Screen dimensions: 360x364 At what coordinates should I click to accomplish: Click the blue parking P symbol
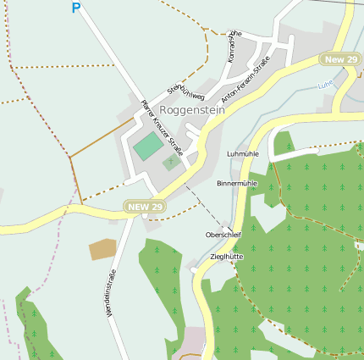click(76, 8)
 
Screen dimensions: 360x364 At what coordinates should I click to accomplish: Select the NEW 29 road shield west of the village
click(145, 207)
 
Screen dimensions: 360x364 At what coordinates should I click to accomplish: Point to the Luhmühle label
click(244, 154)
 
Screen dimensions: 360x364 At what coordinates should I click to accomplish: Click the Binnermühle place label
click(237, 183)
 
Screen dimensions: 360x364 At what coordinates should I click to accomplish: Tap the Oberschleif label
click(223, 235)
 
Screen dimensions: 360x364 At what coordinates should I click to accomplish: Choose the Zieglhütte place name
click(225, 256)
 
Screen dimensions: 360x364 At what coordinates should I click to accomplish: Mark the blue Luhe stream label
click(325, 86)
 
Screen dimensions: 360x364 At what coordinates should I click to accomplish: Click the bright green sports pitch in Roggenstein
click(148, 145)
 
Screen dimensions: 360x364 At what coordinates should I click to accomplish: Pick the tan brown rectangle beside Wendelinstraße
click(102, 248)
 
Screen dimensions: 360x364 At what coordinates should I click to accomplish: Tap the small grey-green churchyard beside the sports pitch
click(172, 161)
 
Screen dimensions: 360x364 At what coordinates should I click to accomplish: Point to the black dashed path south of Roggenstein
click(200, 203)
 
